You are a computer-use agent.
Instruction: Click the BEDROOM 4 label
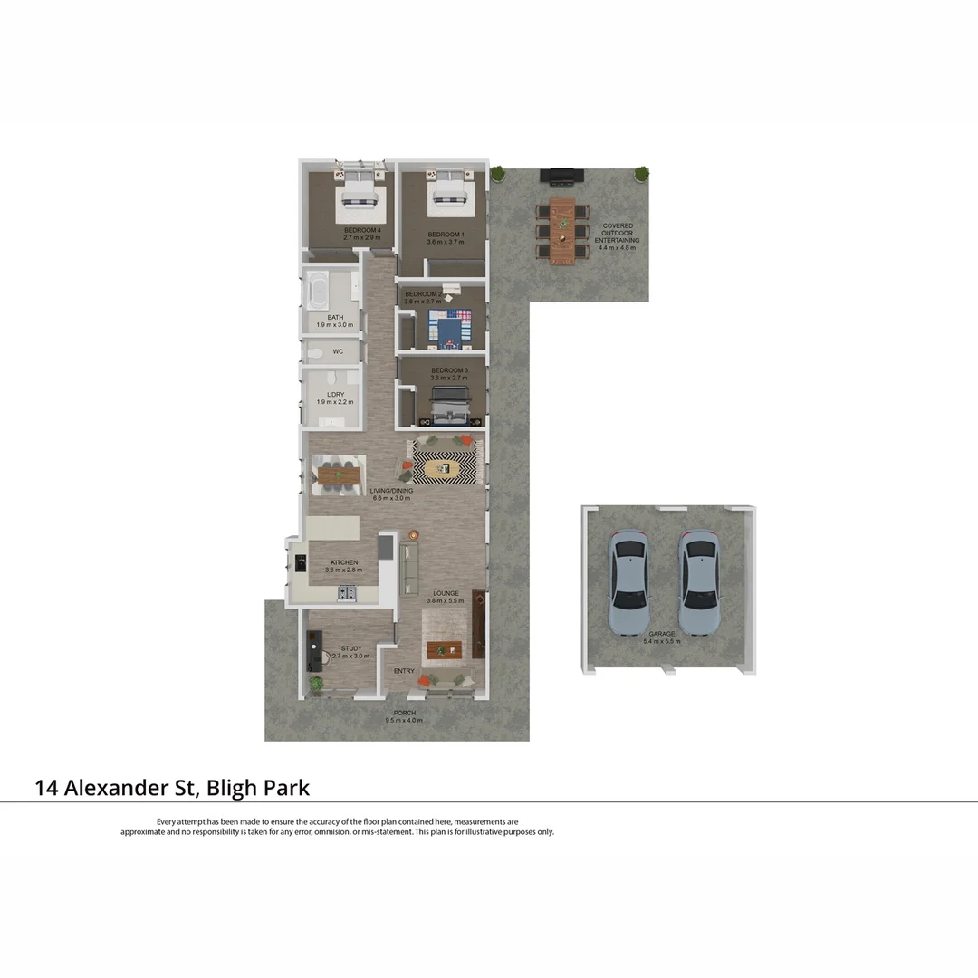(x=362, y=230)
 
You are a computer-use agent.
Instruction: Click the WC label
(x=338, y=351)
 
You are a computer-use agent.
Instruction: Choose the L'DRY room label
(x=336, y=395)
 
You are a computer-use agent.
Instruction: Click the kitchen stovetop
(x=348, y=594)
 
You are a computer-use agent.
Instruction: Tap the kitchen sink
(x=300, y=562)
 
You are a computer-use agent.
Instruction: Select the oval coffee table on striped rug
(x=444, y=468)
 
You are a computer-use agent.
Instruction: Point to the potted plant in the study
(x=315, y=686)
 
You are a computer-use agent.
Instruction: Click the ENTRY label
(x=404, y=671)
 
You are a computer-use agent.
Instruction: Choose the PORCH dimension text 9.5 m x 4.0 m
(x=404, y=721)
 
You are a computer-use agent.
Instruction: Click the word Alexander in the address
(x=122, y=788)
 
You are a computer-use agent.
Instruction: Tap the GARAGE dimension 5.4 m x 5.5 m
(x=661, y=641)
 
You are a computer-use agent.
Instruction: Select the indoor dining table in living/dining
(x=338, y=473)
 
